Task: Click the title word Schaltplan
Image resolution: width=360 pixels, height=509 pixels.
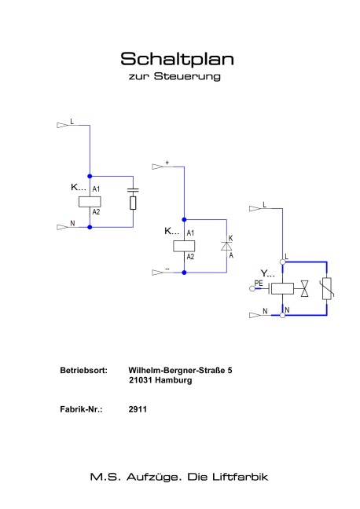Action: click(177, 59)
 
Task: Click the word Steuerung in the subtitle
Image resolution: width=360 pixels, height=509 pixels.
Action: click(187, 76)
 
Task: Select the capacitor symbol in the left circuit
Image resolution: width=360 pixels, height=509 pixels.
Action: click(133, 190)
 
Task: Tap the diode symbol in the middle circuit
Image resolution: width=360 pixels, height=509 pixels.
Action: click(226, 246)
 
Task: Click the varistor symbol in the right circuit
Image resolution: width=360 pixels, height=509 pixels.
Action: click(327, 288)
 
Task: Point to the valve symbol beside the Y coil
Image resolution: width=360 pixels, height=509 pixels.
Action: click(305, 288)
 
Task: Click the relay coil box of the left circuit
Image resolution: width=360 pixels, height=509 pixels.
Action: click(90, 202)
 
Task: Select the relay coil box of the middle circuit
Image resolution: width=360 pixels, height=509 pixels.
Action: click(184, 246)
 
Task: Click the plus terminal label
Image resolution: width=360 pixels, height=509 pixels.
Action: click(167, 163)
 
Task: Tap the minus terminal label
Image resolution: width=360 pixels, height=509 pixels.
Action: click(167, 269)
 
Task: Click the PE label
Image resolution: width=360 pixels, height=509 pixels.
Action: click(259, 284)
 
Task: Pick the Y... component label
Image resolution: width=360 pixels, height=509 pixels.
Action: click(267, 273)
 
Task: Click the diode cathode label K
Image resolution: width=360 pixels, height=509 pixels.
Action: click(230, 238)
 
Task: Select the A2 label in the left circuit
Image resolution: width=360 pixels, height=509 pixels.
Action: click(96, 212)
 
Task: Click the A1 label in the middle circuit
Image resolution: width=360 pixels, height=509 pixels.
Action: click(190, 233)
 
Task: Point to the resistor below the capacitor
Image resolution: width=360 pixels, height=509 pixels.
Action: click(133, 203)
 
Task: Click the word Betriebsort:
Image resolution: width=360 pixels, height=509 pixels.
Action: click(83, 371)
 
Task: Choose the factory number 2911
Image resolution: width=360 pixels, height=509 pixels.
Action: click(138, 409)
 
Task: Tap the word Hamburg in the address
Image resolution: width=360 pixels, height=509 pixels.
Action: click(173, 380)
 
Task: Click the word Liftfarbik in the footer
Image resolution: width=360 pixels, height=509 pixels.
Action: click(240, 477)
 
